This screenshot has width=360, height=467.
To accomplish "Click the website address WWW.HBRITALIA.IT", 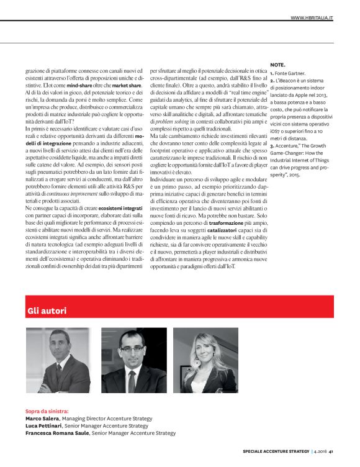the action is [x=312, y=18].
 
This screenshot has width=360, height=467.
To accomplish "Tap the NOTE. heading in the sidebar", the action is [x=278, y=65].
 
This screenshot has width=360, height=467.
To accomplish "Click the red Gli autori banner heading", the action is [x=47, y=310].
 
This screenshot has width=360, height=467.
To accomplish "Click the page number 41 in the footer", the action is [x=332, y=451].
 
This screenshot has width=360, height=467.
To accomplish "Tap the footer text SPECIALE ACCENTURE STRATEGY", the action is [x=275, y=451].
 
